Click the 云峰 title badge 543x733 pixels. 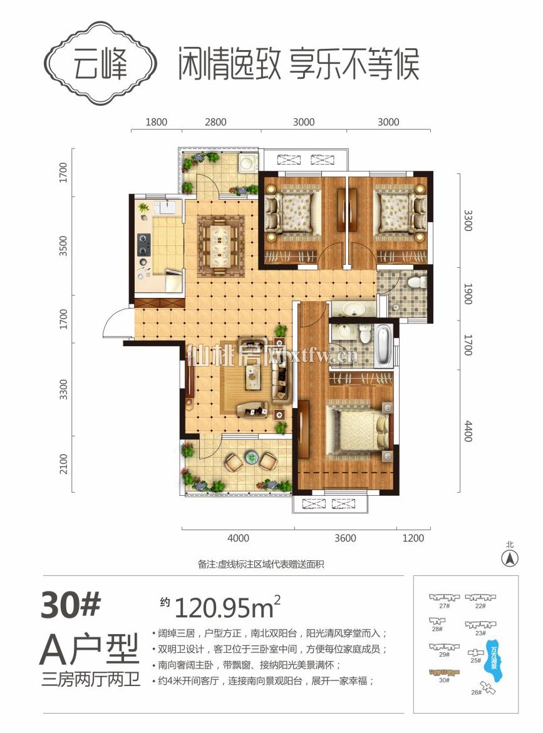[x=100, y=64]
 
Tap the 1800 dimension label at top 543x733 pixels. [x=156, y=122]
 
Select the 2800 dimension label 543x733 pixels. [x=215, y=122]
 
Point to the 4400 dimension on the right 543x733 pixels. [x=468, y=431]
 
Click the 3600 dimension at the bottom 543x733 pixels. [x=345, y=538]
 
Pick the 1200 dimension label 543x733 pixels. [x=413, y=538]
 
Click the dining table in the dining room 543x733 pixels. [x=220, y=245]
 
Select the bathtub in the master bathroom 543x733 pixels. [x=382, y=346]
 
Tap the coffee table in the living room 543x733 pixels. [x=254, y=376]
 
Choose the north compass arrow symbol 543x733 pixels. [x=509, y=558]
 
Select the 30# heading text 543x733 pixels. [x=71, y=605]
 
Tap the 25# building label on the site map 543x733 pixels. [x=475, y=660]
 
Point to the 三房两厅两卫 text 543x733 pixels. [x=91, y=679]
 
